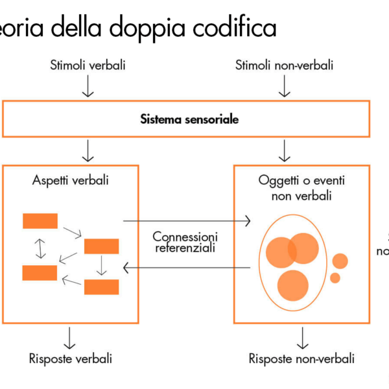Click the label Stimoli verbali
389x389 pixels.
coord(88,65)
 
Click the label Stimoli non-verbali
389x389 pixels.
coord(284,65)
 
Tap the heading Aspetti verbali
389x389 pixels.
coord(71,180)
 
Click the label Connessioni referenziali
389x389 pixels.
coord(185,241)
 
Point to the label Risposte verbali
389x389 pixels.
coord(71,358)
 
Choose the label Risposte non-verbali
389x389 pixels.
coord(301,358)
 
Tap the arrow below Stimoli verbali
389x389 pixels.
coord(88,86)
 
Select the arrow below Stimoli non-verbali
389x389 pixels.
coord(284,86)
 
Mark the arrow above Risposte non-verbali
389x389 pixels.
coord(301,336)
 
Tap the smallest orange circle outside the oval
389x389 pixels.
coord(335,278)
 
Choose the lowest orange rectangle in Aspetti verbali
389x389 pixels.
coord(101,287)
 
